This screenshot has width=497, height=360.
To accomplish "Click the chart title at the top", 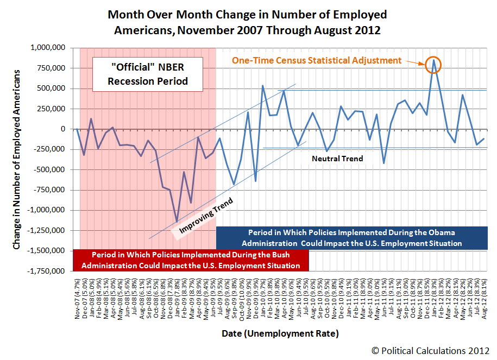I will (247, 21).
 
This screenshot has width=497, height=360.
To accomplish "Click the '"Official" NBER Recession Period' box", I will (147, 74).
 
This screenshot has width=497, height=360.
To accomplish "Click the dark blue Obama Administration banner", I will (352, 238).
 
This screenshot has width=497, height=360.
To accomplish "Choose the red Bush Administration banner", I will (190, 260).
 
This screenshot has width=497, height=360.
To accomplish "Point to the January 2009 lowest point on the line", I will (177, 221).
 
